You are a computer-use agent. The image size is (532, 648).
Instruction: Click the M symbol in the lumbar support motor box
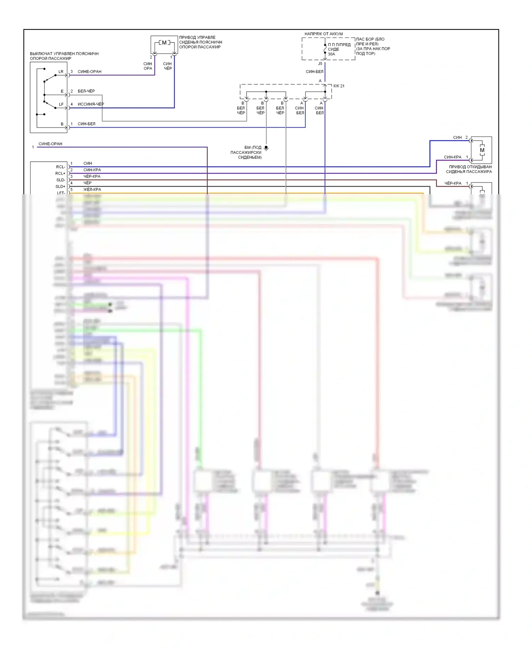point(164,43)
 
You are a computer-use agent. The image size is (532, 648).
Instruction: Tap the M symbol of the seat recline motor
point(482,150)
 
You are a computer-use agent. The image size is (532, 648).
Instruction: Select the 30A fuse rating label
point(331,54)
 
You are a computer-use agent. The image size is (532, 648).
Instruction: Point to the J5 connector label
point(320,64)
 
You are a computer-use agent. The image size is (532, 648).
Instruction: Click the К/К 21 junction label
point(339,86)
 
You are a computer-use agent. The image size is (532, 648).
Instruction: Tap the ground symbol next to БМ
point(266,148)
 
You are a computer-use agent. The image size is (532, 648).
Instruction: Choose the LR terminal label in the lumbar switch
point(61,72)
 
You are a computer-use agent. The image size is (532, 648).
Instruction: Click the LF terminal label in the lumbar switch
point(61,104)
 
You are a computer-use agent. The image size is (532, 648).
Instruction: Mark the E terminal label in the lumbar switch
point(62,91)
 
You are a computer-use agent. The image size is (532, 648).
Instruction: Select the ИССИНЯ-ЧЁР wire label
point(91,104)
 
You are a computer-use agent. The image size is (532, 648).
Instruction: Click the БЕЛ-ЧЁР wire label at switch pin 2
point(86,91)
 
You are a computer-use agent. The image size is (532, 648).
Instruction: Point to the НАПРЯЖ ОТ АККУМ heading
point(323,34)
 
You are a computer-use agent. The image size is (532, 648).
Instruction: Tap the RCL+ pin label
point(60,173)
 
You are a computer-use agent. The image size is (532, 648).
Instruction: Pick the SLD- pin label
point(61,180)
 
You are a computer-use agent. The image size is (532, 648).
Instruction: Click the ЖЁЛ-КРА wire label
point(92,189)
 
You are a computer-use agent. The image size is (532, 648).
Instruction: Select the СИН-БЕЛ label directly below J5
point(315,72)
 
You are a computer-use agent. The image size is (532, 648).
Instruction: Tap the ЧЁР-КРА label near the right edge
point(453,183)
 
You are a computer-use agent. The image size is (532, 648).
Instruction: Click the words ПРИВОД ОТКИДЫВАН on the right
point(470,167)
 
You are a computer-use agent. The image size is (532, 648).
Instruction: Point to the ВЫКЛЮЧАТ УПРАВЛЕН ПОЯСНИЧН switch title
point(64,54)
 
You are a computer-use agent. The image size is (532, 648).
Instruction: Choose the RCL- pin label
point(61,167)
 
